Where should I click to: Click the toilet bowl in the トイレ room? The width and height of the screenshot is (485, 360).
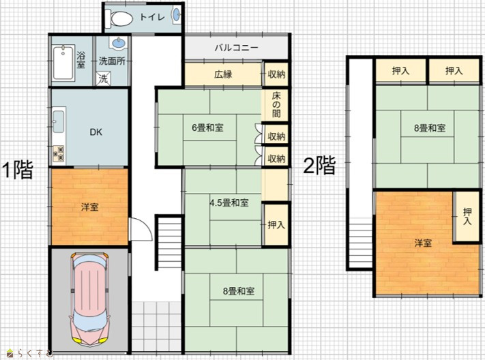[x=119, y=18]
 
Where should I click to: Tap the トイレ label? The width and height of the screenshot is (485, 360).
[x=152, y=16]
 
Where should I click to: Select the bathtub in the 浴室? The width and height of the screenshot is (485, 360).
[x=63, y=62]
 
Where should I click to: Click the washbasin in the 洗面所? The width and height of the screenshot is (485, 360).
[x=118, y=43]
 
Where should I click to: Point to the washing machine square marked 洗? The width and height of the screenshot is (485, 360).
[x=103, y=78]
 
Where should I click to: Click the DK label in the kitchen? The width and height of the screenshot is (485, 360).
[x=96, y=132]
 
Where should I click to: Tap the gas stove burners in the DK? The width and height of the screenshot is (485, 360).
[x=59, y=153]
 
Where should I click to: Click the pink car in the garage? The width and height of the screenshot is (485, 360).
[x=90, y=298]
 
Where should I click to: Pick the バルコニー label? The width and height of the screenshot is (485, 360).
[x=236, y=48]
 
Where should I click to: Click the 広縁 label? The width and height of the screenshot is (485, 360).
[x=223, y=74]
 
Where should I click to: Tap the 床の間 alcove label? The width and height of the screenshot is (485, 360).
[x=276, y=104]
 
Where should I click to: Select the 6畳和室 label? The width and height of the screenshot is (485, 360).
[x=207, y=127]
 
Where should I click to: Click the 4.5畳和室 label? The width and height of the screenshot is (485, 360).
[x=229, y=203]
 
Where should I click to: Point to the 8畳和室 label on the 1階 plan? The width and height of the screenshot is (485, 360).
[x=239, y=291]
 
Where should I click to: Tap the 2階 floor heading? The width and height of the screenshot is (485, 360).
[x=319, y=166]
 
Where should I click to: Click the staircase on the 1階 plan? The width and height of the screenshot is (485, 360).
[x=169, y=243]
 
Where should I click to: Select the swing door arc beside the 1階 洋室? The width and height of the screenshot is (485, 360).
[x=141, y=229]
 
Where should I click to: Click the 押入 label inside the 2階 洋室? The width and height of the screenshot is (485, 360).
[x=467, y=216]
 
